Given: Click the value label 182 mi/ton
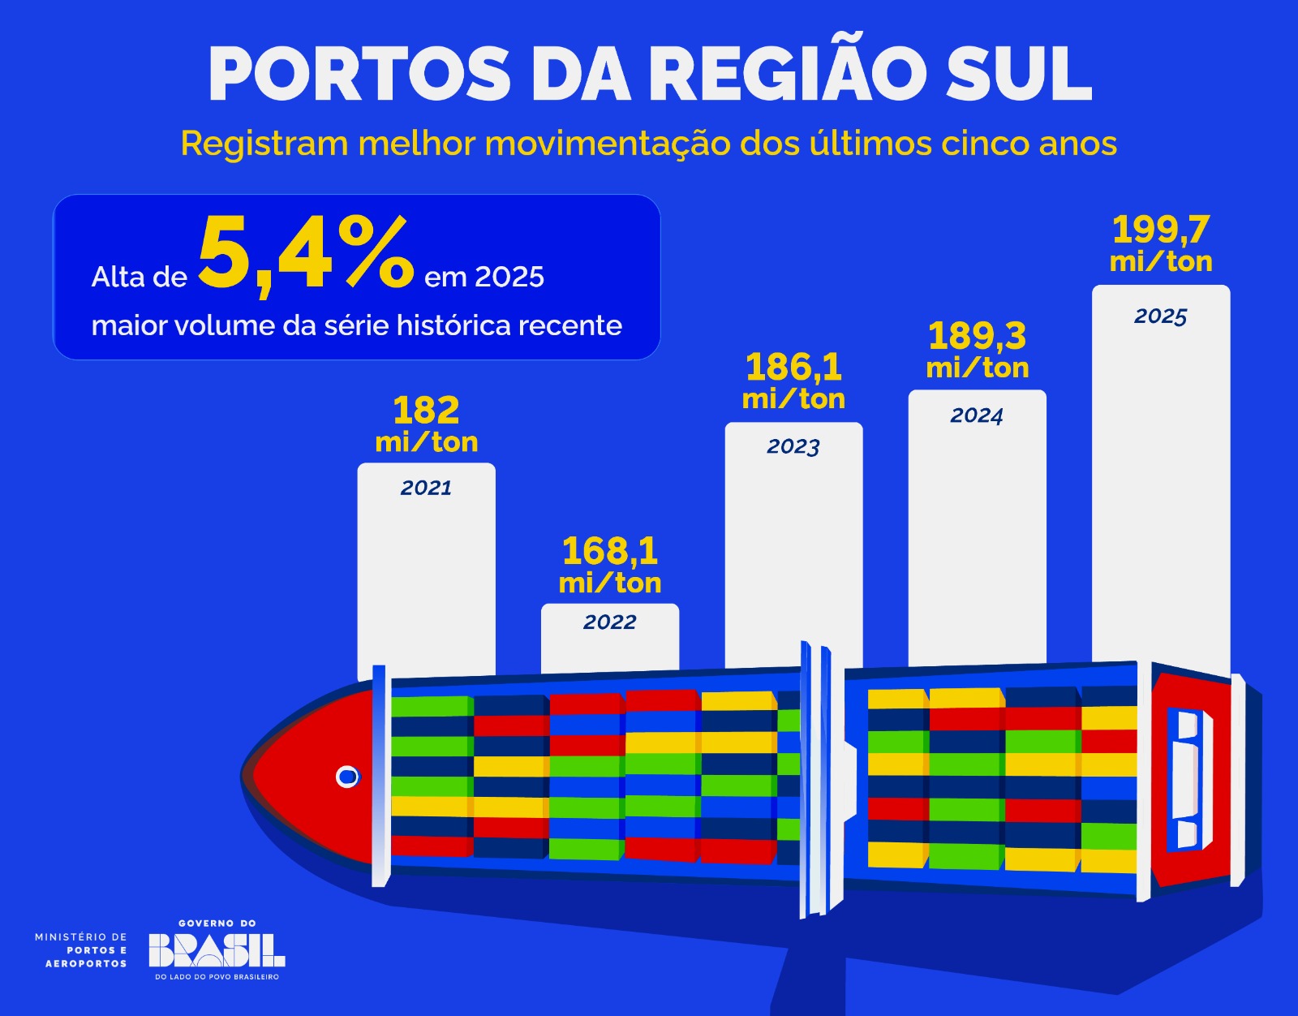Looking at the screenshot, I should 426,424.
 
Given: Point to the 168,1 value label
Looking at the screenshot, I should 610,552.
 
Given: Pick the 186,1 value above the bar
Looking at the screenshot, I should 793,368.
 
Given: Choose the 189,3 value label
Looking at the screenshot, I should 977,336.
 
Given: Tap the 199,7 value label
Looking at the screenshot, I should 1161,230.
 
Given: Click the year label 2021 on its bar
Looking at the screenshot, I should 426,488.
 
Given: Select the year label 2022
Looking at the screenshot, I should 610,622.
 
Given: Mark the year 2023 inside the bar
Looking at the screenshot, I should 793,446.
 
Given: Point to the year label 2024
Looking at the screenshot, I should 977,415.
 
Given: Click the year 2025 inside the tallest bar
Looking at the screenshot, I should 1161,316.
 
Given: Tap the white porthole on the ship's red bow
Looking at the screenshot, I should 347,777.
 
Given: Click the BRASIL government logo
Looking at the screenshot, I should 217,949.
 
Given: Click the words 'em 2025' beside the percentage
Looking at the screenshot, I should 484,278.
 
